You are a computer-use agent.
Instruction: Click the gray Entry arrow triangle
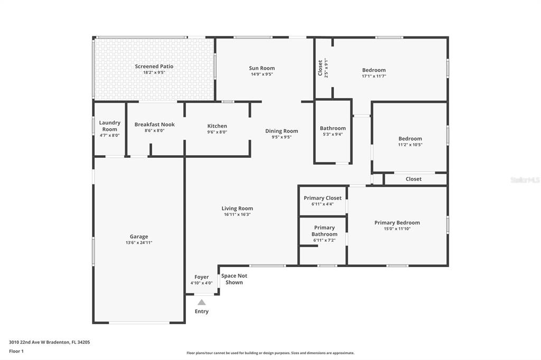pyautogui.click(x=201, y=302)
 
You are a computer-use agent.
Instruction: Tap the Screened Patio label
pyautogui.click(x=154, y=66)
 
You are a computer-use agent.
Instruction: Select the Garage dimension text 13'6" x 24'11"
pyautogui.click(x=139, y=242)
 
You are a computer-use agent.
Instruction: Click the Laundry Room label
pyautogui.click(x=110, y=126)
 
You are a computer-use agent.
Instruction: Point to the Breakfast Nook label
pyautogui.click(x=155, y=125)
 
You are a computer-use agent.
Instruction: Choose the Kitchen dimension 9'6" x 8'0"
pyautogui.click(x=217, y=132)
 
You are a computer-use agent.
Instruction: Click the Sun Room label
pyautogui.click(x=262, y=68)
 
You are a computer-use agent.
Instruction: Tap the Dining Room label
pyautogui.click(x=282, y=131)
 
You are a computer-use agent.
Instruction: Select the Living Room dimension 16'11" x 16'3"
pyautogui.click(x=237, y=214)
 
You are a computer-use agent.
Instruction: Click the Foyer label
pyautogui.click(x=201, y=277)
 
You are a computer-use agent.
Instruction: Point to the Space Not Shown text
pyautogui.click(x=234, y=279)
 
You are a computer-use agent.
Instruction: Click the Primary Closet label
pyautogui.click(x=323, y=198)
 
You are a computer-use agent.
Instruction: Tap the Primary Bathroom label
pyautogui.click(x=324, y=231)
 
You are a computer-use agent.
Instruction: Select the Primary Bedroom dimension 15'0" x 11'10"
pyautogui.click(x=397, y=228)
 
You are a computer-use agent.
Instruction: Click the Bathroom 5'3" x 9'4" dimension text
pyautogui.click(x=333, y=134)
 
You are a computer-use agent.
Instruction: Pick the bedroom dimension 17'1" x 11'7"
pyautogui.click(x=374, y=76)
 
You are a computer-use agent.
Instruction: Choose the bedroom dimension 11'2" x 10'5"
pyautogui.click(x=410, y=145)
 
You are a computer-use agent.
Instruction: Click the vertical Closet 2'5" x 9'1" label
pyautogui.click(x=323, y=68)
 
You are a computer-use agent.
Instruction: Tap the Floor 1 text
pyautogui.click(x=16, y=351)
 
